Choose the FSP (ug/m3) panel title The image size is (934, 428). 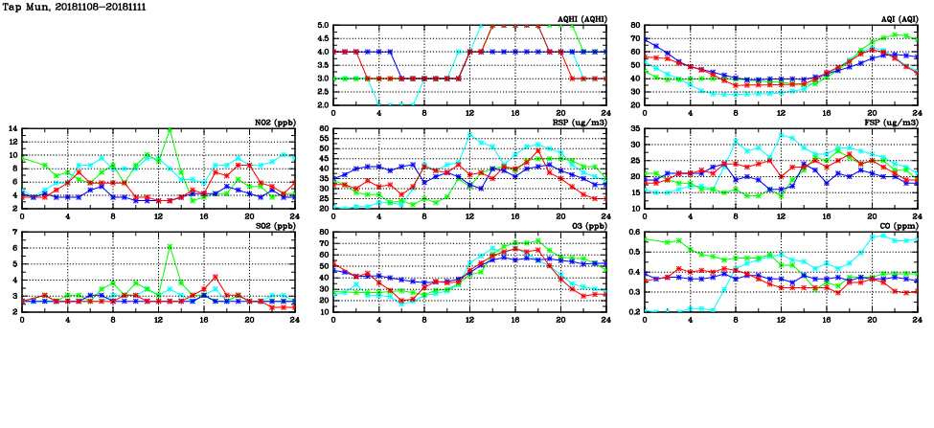point(892,122)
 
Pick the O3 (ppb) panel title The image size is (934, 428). point(588,225)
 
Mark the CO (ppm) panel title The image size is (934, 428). point(898,225)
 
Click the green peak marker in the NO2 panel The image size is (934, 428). point(170,128)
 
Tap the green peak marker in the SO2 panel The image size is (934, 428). point(170,247)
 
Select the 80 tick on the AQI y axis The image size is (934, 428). point(634,26)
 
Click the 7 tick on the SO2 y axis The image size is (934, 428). point(14,233)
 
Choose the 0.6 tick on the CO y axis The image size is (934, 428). point(632,232)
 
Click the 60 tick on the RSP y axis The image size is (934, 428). point(323,128)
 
